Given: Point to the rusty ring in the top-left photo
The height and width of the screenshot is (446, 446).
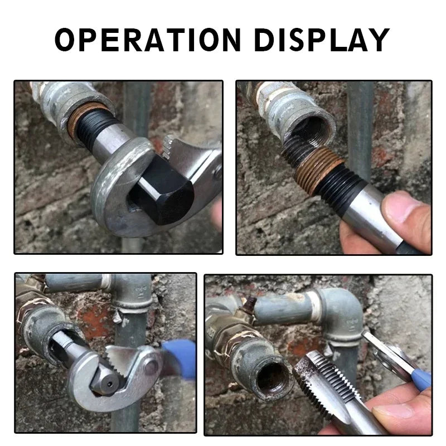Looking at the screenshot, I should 84,119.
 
